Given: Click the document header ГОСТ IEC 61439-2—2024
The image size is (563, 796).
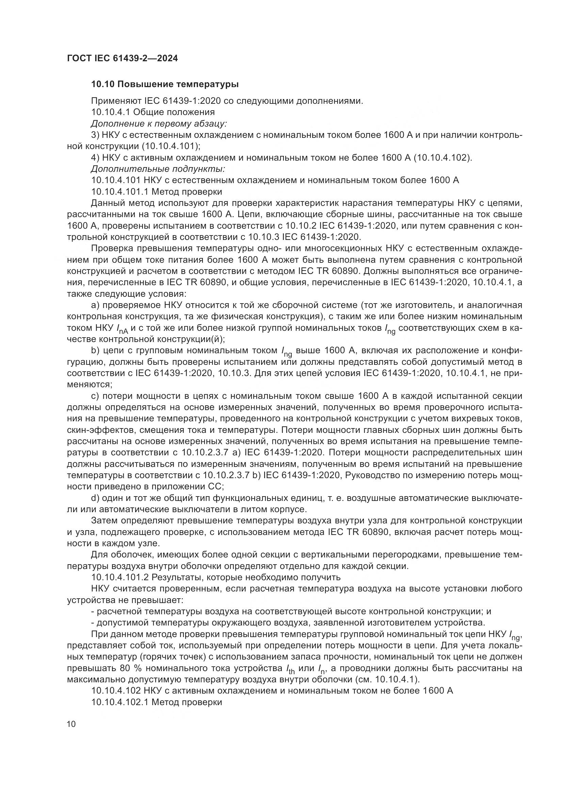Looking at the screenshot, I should coord(123,59).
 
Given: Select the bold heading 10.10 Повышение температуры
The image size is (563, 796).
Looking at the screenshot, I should coord(165,84).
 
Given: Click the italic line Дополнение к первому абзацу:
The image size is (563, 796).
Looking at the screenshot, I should coord(159,124).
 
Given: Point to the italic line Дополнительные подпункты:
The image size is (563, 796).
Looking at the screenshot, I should coord(158,169).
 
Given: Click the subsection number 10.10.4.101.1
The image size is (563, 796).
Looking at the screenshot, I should coord(120,191).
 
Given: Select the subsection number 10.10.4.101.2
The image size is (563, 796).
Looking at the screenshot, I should coord(120,577).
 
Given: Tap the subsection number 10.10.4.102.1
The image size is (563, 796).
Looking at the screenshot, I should coord(120,702).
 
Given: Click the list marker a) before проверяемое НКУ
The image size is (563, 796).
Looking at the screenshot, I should coord(95,305).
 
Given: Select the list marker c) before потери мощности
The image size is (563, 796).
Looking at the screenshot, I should coord(95,396).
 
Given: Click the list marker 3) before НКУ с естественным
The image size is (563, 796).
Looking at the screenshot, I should coord(95,135).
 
